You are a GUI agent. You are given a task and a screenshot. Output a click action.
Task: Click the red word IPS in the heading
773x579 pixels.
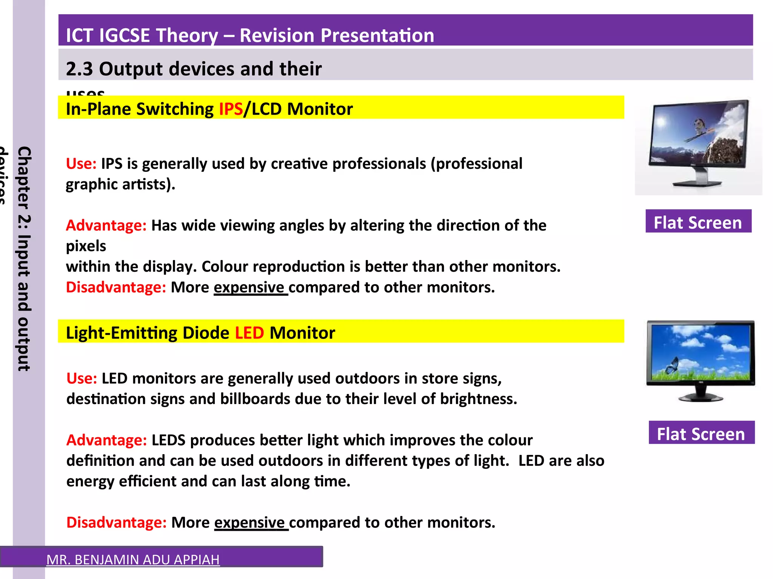coord(231,109)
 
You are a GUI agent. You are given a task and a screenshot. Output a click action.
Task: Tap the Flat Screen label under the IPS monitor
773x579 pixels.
coord(698,222)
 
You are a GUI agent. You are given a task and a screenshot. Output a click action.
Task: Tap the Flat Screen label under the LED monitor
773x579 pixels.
coord(701,434)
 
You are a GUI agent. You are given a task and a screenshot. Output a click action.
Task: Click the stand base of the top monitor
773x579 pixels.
coord(698,184)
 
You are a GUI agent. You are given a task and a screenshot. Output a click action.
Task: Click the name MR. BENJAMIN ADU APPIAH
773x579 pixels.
coord(133,560)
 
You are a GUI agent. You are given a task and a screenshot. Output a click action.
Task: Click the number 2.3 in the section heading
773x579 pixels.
coord(79,69)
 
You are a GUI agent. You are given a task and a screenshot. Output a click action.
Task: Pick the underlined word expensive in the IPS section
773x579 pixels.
coord(249,288)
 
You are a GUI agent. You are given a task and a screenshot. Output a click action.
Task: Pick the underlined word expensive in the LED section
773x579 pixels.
coord(249,523)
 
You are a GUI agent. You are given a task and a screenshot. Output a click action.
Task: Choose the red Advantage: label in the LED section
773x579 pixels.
coord(106,440)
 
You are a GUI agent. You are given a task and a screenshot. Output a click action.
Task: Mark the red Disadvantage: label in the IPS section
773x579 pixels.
coord(116,288)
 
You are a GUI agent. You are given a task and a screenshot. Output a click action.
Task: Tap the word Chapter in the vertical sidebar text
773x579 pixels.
coord(24,177)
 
